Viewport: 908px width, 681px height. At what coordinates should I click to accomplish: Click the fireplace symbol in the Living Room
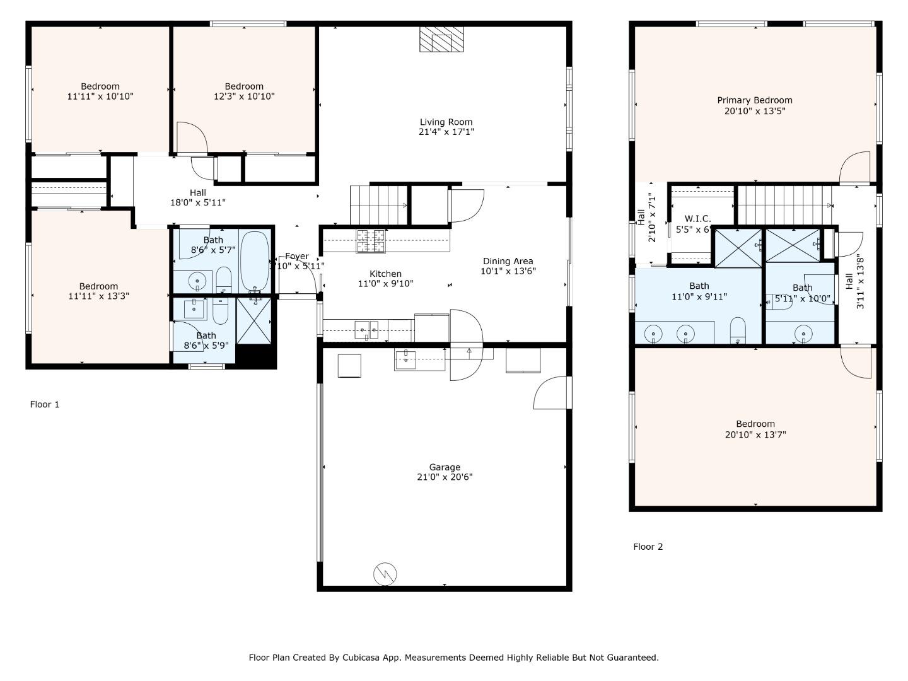[441, 39]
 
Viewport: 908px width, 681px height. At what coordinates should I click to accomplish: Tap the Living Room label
[446, 122]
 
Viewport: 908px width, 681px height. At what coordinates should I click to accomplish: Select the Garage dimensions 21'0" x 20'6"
[445, 477]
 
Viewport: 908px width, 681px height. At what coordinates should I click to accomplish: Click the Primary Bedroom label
[755, 100]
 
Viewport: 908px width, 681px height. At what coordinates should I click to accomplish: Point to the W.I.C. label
[697, 219]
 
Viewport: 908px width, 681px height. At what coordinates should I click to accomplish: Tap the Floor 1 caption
[45, 404]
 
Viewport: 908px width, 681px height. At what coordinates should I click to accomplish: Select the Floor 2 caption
[648, 547]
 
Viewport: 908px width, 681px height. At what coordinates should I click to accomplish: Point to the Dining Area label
[508, 261]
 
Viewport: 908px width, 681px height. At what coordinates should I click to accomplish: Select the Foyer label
[296, 256]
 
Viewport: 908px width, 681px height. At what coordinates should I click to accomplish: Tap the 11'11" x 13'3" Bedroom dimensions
[98, 296]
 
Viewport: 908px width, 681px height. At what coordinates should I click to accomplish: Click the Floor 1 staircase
[378, 204]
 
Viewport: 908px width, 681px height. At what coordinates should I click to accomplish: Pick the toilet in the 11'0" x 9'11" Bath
[738, 330]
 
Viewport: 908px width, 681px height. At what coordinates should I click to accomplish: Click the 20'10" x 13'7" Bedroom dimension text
[755, 434]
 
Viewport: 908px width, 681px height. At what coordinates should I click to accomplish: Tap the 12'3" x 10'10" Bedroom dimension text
[243, 96]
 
